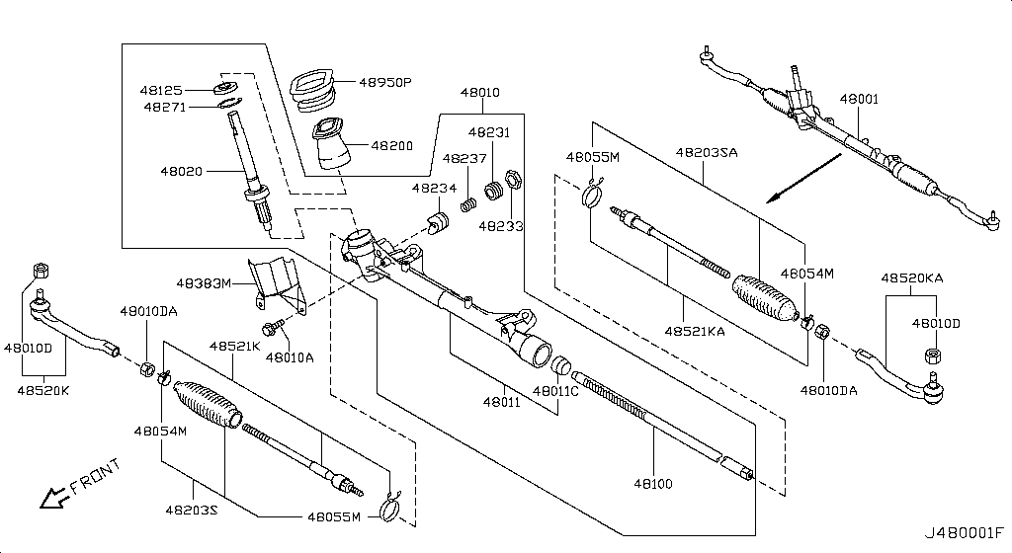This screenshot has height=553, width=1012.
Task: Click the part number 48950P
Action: point(385,83)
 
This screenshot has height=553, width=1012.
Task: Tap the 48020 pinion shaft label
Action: point(181,171)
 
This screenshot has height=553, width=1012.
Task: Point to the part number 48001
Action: point(859,100)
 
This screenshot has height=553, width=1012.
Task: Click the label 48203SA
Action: point(707,153)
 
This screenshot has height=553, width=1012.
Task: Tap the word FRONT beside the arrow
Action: point(96,477)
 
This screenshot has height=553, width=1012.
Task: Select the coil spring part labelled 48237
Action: point(471,205)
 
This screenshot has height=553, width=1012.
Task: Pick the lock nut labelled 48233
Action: point(513,181)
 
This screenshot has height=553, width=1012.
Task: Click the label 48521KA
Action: point(694,331)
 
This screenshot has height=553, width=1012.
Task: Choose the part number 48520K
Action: point(43,390)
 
